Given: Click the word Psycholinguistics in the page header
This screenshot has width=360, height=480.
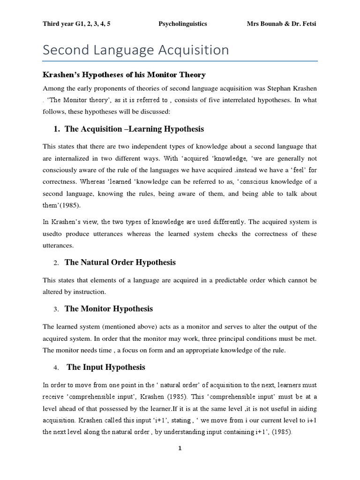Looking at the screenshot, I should [x=182, y=23].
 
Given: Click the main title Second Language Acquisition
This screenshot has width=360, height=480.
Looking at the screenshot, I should [x=136, y=50].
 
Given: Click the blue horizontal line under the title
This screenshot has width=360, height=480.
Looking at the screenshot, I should [x=180, y=61].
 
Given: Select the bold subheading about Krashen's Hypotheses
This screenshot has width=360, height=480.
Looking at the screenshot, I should [x=124, y=75].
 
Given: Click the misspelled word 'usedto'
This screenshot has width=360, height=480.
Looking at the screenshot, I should [x=53, y=234].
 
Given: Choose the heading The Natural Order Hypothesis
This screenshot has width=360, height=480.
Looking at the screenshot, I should [x=120, y=262].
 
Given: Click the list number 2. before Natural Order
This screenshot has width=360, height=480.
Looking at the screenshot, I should [x=55, y=263].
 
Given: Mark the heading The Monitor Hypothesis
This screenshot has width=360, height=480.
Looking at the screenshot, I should [x=109, y=309].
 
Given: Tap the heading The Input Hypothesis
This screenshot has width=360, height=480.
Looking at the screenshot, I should [x=106, y=367].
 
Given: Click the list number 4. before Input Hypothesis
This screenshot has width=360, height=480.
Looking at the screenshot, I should [x=55, y=368].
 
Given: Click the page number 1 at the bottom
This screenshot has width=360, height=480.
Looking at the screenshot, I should [x=180, y=448].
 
